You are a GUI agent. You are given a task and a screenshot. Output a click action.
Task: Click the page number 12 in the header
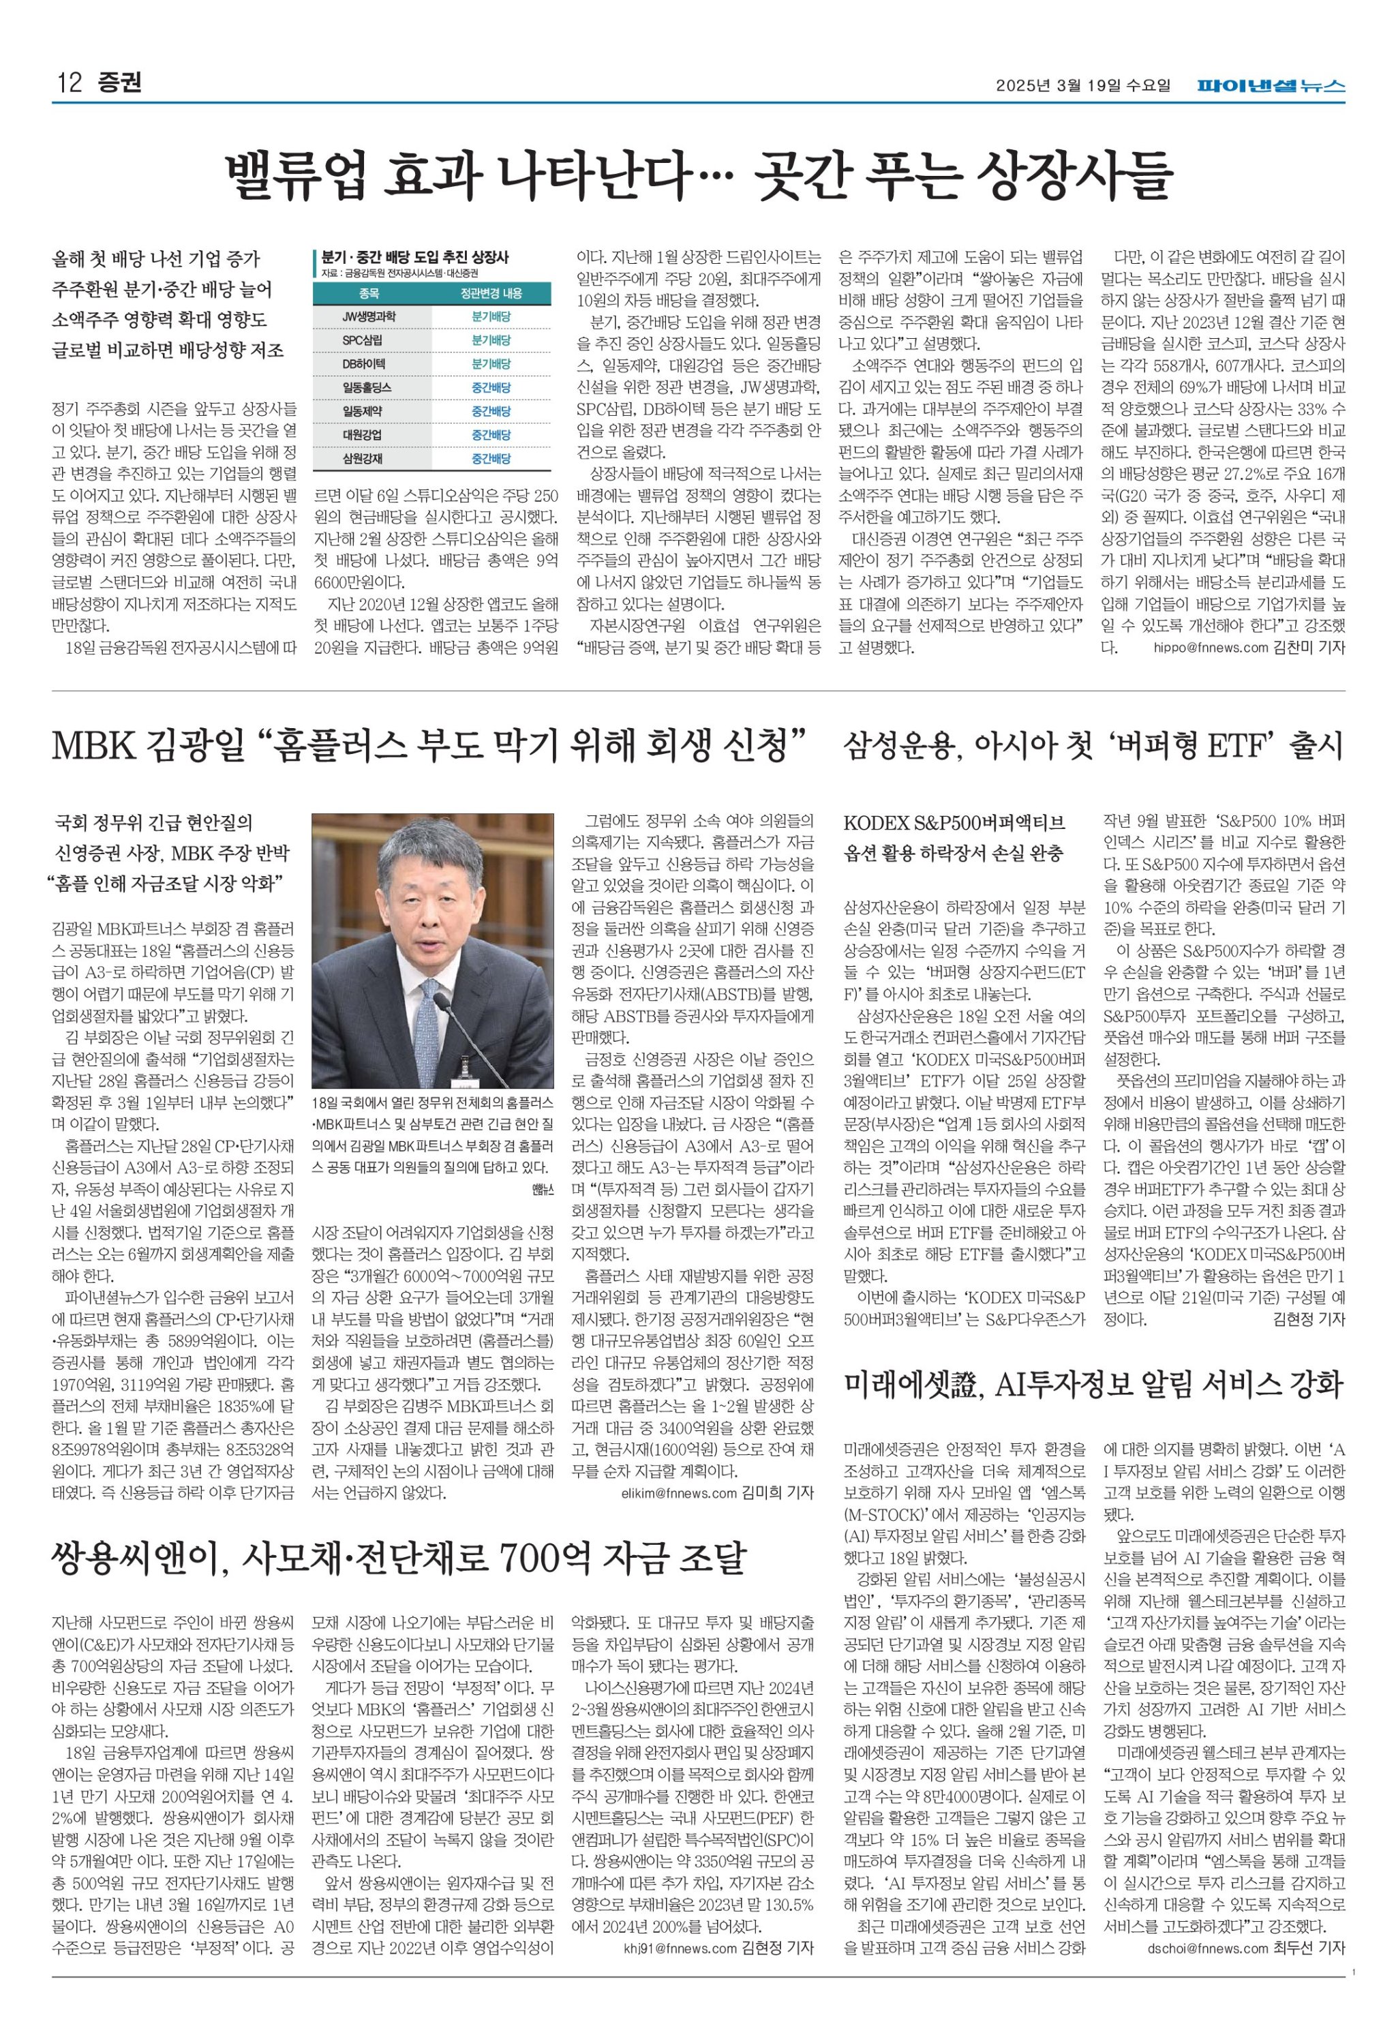(68, 84)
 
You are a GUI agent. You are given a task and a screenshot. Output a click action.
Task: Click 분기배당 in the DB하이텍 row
(491, 363)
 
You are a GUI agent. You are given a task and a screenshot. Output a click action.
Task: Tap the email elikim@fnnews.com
(679, 1493)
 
